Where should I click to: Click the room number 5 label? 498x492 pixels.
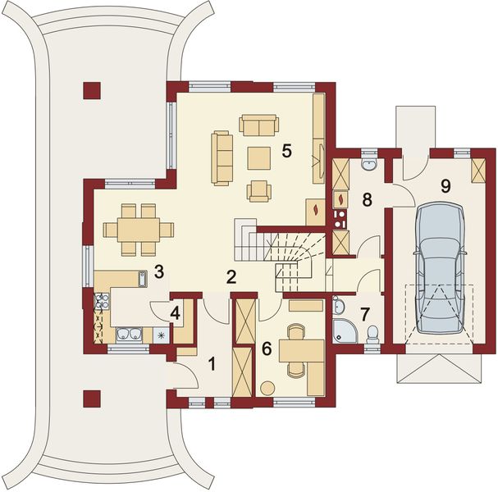tap(286, 151)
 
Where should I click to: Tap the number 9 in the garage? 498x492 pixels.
tap(445, 186)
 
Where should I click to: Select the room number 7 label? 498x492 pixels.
tap(364, 314)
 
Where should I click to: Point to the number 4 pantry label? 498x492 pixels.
tap(175, 313)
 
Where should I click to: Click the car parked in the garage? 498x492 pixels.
tap(441, 268)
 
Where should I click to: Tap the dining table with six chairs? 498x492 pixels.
tap(139, 230)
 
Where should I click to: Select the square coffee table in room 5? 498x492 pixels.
tap(259, 158)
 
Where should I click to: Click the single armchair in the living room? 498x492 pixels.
tap(259, 191)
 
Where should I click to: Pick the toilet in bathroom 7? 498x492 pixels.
tap(372, 334)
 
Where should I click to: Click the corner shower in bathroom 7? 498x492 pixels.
tap(345, 331)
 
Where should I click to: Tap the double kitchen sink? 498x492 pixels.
tap(129, 335)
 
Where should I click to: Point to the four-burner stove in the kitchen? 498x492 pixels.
tap(102, 301)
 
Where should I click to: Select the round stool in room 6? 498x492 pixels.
tap(267, 388)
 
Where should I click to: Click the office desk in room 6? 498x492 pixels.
tap(301, 350)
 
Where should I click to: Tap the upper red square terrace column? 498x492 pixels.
tap(92, 91)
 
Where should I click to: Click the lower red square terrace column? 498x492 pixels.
tap(92, 399)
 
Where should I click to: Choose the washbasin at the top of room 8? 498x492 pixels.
tap(368, 163)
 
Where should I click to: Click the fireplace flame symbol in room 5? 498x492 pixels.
tap(316, 210)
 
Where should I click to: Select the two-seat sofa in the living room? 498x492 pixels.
tap(259, 125)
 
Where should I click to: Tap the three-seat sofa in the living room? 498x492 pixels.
tap(222, 158)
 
